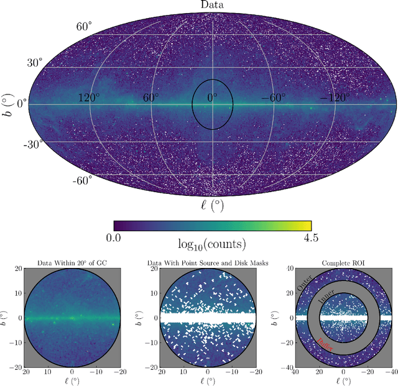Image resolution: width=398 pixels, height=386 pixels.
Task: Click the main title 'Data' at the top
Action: click(212, 5)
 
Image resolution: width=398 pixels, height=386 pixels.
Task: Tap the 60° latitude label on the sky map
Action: click(85, 27)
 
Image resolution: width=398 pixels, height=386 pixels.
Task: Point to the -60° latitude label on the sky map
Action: click(83, 180)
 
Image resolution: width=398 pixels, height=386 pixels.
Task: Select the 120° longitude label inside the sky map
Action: click(90, 98)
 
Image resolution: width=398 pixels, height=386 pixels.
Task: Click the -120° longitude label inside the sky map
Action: click(335, 98)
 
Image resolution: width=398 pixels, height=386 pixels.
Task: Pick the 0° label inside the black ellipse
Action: click(213, 98)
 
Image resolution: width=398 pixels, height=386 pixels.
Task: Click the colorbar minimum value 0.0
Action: click(113, 237)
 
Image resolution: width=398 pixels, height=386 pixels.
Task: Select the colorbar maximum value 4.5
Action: click(311, 237)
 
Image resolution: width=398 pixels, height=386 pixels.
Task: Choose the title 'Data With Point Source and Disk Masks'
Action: click(208, 264)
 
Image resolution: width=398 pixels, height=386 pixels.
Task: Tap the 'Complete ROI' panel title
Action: click(343, 264)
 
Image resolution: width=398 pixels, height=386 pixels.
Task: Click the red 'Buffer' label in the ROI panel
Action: click(325, 345)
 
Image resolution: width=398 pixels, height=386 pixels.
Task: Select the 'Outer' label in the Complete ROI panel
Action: click(305, 285)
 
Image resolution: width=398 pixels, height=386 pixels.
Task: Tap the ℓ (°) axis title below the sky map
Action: click(212, 205)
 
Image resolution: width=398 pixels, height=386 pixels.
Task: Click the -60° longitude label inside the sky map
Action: click(274, 98)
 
